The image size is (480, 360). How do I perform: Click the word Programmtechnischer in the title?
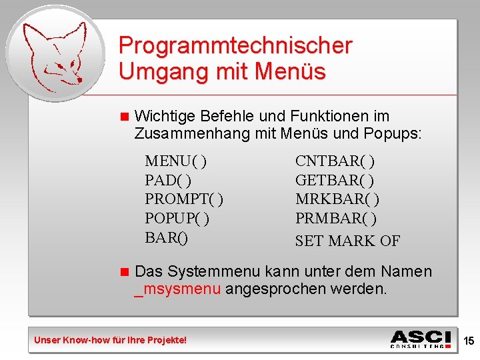(235, 46)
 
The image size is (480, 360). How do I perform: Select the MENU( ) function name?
(175, 161)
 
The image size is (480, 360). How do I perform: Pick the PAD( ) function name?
(168, 180)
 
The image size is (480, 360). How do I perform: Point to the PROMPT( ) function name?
(183, 199)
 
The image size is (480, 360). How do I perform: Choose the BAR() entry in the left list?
(166, 237)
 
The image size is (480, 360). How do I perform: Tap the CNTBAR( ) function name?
(335, 161)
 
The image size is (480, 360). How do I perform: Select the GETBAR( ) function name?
(335, 180)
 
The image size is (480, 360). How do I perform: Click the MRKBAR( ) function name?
(337, 199)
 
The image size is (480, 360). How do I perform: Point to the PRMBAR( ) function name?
(336, 218)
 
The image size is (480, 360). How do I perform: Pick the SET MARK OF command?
(347, 241)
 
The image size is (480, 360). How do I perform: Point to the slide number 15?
(469, 341)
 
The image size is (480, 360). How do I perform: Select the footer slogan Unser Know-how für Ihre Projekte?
(111, 341)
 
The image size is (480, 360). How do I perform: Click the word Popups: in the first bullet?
(393, 133)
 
